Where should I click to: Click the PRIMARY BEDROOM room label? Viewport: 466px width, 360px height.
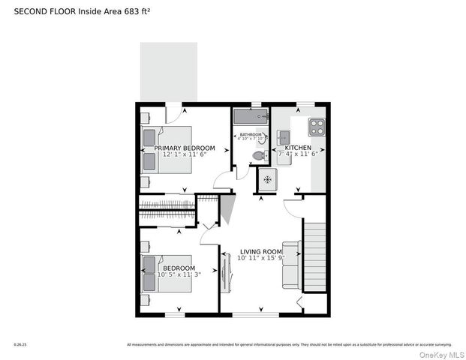pyautogui.click(x=185, y=148)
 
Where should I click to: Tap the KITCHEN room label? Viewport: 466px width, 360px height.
pyautogui.click(x=298, y=148)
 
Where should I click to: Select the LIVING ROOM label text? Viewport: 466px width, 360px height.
pyautogui.click(x=260, y=251)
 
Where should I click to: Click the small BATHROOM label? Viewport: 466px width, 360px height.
pyautogui.click(x=251, y=134)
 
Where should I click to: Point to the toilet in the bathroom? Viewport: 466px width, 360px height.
pyautogui.click(x=257, y=155)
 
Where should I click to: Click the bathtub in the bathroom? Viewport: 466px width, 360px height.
pyautogui.click(x=250, y=117)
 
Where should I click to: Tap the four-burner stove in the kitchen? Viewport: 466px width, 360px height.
pyautogui.click(x=317, y=126)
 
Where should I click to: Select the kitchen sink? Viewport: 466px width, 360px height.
pyautogui.click(x=284, y=136)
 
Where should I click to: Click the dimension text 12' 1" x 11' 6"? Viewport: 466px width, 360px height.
pyautogui.click(x=185, y=154)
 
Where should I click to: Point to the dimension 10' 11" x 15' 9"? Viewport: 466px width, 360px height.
pyautogui.click(x=260, y=258)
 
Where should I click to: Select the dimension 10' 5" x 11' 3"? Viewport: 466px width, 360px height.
pyautogui.click(x=179, y=274)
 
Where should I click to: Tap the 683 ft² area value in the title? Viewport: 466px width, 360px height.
pyautogui.click(x=131, y=11)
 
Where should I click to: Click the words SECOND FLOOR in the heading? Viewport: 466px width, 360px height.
pyautogui.click(x=41, y=11)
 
